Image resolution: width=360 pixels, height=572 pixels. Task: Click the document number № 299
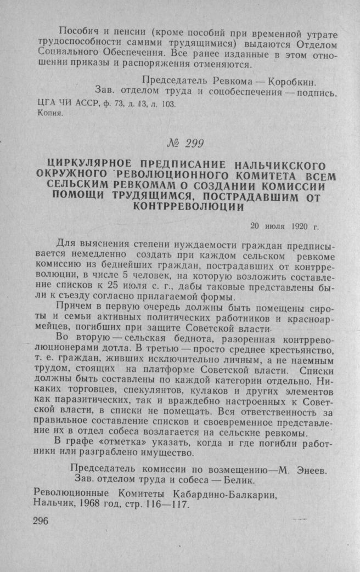[184, 144]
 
